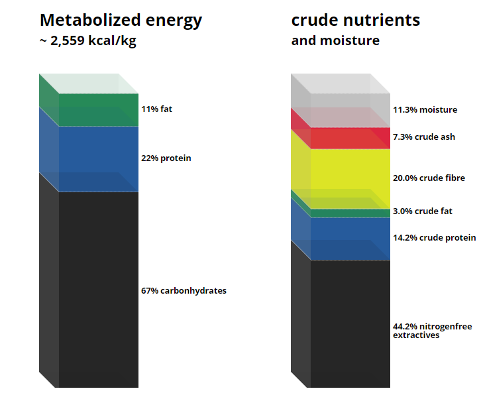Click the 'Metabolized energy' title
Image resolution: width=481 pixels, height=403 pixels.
121,21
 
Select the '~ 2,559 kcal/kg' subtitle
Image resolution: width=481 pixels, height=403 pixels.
88,41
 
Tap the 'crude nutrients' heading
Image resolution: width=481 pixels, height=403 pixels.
356,21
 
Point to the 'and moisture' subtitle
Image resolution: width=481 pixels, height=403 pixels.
335,40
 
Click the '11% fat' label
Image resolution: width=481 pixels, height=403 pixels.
157,109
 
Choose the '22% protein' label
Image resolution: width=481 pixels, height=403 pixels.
166,158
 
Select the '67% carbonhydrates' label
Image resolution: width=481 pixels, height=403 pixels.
184,291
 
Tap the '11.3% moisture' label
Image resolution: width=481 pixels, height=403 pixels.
425,109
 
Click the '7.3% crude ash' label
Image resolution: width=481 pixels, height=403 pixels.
424,137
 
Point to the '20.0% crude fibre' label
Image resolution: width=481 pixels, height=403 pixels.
429,178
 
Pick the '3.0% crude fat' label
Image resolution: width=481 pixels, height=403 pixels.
423,211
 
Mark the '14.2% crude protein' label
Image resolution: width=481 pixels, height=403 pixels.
435,238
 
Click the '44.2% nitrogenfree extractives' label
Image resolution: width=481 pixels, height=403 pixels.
433,331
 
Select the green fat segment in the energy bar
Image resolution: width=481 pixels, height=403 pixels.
99,110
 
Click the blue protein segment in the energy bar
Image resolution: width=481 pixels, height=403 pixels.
99,159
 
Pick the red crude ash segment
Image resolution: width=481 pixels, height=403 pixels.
350,139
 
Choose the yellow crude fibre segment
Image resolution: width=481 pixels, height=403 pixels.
350,179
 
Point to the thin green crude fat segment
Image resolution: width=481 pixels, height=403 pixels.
350,213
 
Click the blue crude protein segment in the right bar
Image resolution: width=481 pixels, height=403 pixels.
350,239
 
